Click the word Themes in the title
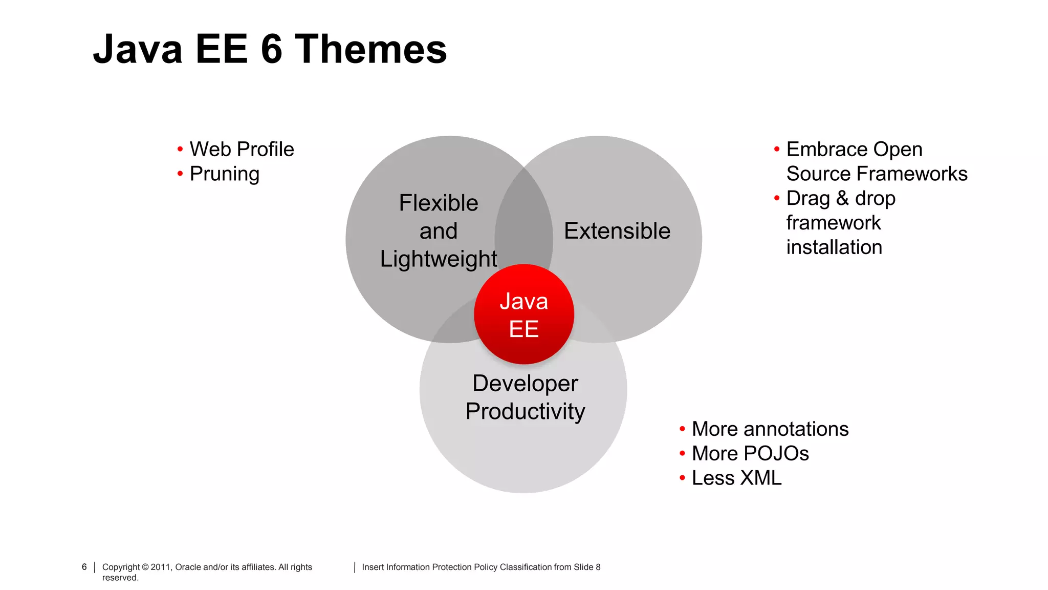[371, 49]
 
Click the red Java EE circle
[524, 314]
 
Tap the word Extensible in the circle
[617, 231]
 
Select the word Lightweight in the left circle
[438, 259]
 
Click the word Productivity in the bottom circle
[525, 411]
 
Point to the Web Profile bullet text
[242, 150]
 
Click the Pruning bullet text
[225, 174]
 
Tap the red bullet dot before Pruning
[180, 174]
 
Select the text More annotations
[770, 429]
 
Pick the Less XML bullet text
[736, 478]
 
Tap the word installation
[834, 247]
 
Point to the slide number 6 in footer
[84, 567]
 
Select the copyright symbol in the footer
[145, 567]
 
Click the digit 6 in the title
[272, 49]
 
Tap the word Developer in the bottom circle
[525, 384]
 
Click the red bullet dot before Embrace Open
[777, 150]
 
